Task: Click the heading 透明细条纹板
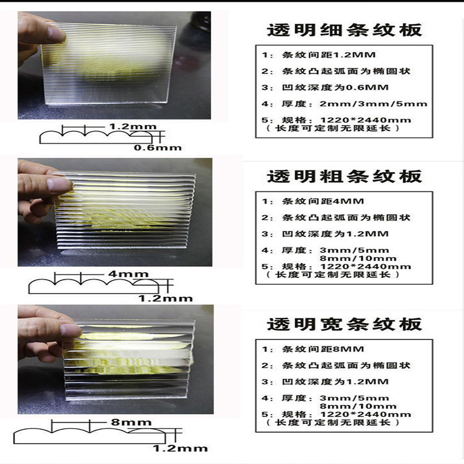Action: (x=345, y=30)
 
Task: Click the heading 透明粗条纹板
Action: (x=345, y=176)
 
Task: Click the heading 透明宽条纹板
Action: (x=345, y=324)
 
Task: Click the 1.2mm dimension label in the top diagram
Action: (x=124, y=126)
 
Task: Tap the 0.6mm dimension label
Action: (x=158, y=147)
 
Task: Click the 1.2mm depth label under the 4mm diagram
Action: (x=165, y=298)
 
